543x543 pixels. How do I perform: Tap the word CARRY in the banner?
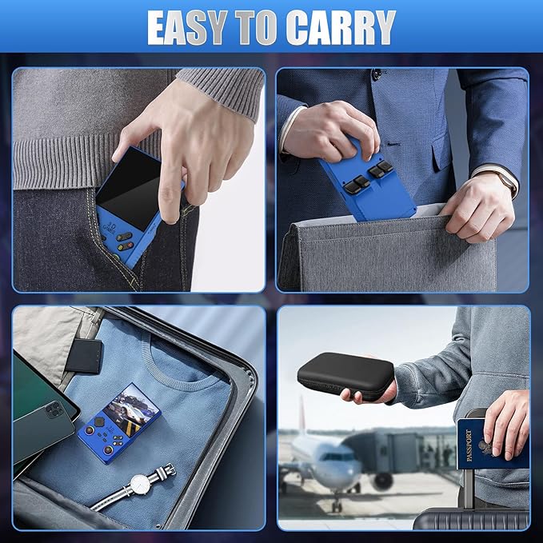pos(341,28)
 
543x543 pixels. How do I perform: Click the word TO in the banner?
pos(256,28)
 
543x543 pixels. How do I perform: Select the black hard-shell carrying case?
pos(345,375)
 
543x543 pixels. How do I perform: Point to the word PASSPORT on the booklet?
pos(469,445)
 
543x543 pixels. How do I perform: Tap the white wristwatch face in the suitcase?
pos(140,484)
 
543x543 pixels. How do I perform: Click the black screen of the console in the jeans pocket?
pos(129,189)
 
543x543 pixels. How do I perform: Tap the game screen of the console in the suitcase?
pos(132,410)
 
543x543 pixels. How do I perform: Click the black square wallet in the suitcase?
pos(85,356)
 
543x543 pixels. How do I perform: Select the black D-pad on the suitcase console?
pos(99,421)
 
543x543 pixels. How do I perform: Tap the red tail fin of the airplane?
pos(302,413)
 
